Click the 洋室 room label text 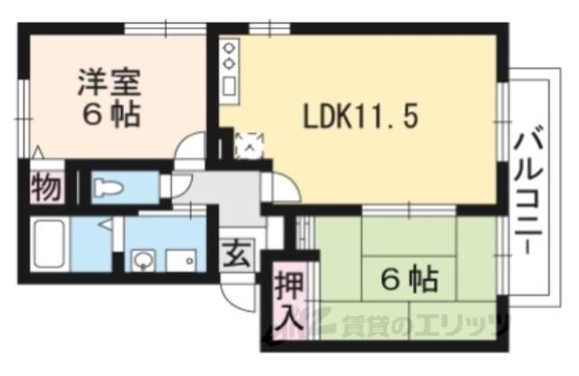[107, 83]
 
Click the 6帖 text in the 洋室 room [107, 117]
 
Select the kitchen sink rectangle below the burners [229, 87]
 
